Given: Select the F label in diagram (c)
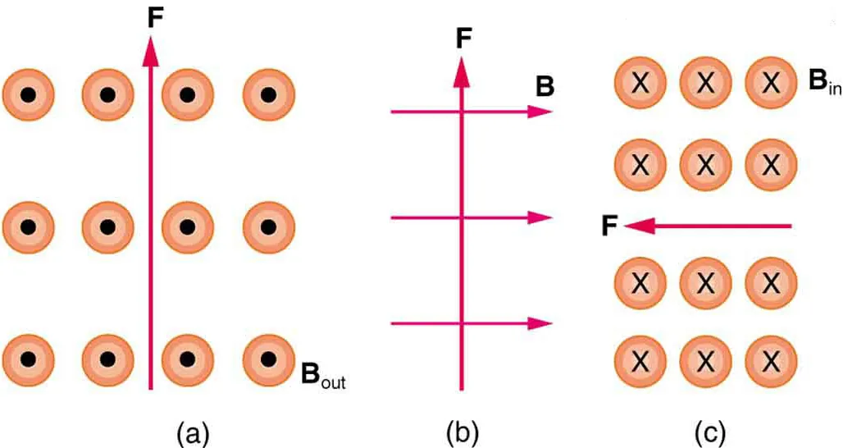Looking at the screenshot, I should pos(609,226).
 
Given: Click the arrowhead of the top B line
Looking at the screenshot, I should pos(540,112).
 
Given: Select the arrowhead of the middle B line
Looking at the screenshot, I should pos(540,217).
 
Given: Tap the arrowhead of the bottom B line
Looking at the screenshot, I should pos(540,323).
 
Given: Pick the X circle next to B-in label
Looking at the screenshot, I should pos(770,82).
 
